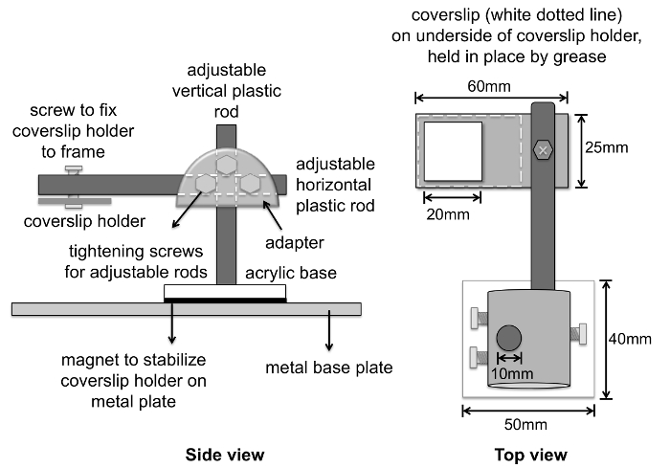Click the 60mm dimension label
point(489,86)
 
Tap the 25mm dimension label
point(606,147)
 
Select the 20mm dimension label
point(448,214)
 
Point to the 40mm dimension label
point(630,339)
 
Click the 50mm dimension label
point(525,424)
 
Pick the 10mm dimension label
point(512,373)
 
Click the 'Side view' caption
point(225,455)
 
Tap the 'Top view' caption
point(530,455)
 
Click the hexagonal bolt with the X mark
point(543,150)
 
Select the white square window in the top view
point(453,151)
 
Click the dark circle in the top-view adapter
point(509,338)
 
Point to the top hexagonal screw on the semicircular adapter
point(226,165)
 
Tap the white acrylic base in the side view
point(225,292)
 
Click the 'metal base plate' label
point(329,368)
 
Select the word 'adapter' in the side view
point(295,243)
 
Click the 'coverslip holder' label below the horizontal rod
point(84,221)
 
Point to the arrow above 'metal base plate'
point(329,330)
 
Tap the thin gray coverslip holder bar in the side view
point(75,201)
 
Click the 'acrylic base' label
point(291,273)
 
